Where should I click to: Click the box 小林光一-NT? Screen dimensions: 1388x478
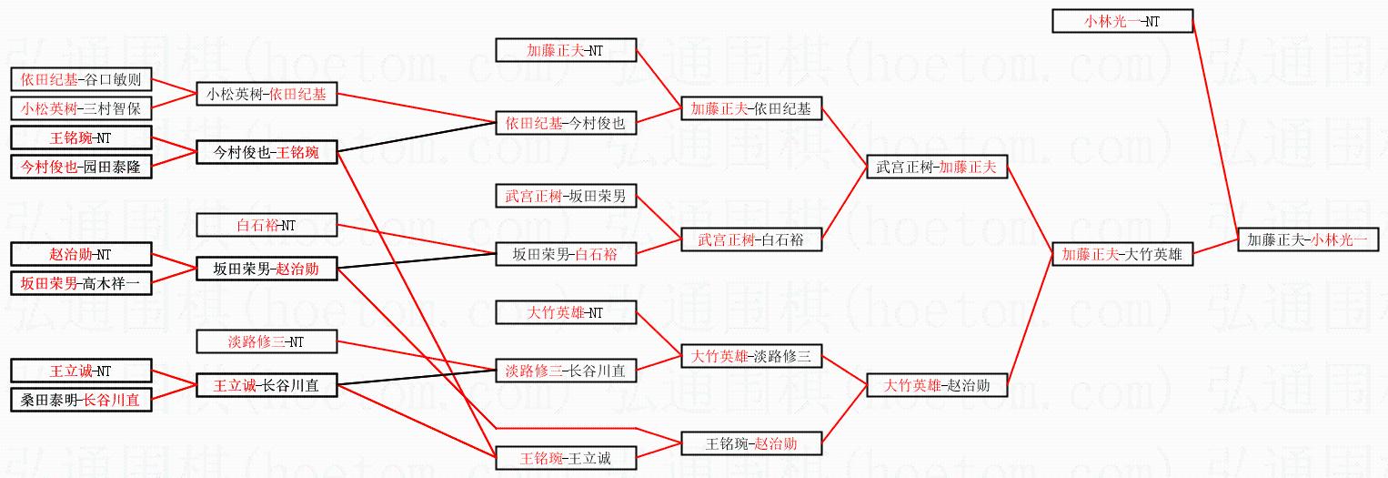coord(1121,21)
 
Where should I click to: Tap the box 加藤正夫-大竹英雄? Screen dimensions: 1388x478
coord(1121,255)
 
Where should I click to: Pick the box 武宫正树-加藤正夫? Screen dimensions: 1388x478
coord(936,168)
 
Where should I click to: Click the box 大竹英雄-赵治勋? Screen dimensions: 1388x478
coord(936,386)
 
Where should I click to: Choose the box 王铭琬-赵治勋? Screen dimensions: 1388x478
coord(751,444)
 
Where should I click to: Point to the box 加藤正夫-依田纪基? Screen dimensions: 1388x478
coord(751,109)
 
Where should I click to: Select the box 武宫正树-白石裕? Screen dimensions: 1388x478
coord(751,240)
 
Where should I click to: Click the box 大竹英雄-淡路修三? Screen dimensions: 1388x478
coord(751,357)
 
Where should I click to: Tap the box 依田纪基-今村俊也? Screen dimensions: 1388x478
coord(566,124)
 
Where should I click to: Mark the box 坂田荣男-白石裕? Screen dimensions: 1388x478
coord(566,255)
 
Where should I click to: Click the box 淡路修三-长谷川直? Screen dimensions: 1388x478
coord(566,371)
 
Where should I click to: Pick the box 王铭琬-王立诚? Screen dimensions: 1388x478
coord(566,458)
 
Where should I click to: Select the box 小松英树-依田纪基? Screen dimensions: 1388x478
coord(267,94)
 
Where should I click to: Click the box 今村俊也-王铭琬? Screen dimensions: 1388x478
coord(267,153)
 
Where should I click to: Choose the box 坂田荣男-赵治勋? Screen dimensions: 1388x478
coord(267,269)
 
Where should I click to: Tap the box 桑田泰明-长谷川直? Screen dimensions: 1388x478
coord(81,400)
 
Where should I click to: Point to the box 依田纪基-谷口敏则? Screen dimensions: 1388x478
coord(81,79)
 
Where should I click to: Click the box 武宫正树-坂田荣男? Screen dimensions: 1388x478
coord(566,196)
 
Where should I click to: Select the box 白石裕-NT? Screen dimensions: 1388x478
coord(267,225)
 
